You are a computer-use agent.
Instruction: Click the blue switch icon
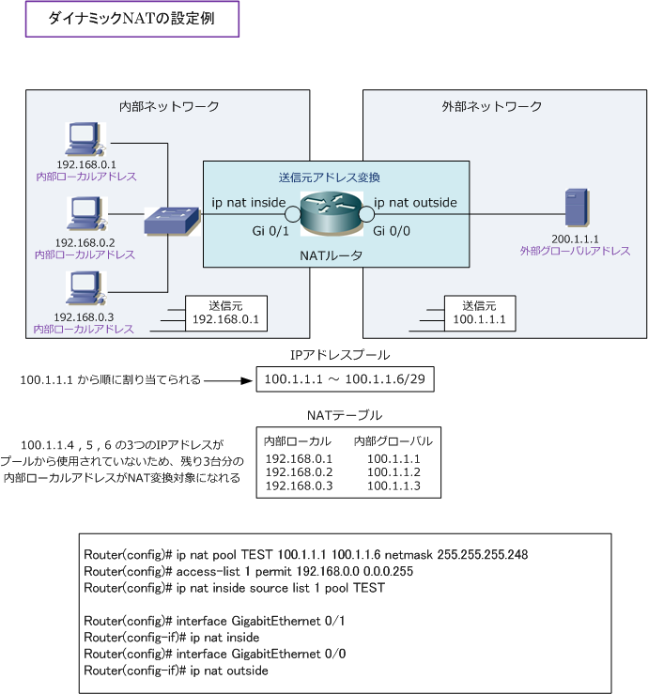(x=172, y=221)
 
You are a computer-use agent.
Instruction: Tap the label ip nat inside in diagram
(x=248, y=203)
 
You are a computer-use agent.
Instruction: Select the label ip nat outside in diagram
(x=415, y=203)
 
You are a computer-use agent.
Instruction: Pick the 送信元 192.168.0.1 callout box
(x=225, y=314)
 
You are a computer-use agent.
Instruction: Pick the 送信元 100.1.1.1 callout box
(x=479, y=314)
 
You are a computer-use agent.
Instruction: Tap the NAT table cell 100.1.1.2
(x=393, y=471)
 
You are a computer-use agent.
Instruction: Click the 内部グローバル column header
(x=393, y=441)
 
